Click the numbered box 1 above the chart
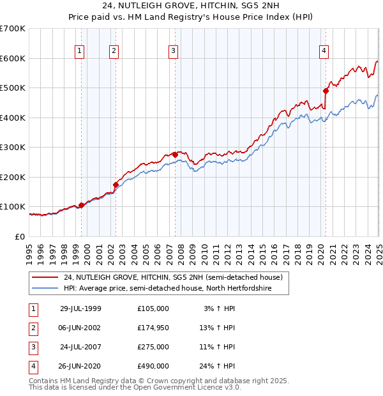(79, 52)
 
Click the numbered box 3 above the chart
(173, 52)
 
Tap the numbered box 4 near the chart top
(324, 52)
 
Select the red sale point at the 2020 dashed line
(326, 90)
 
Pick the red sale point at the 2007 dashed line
(175, 154)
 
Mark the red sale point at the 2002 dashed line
(116, 185)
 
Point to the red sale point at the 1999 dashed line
(82, 205)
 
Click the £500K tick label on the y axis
(12, 88)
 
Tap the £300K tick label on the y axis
(12, 147)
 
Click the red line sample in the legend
(46, 277)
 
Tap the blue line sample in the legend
(46, 289)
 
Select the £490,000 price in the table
(153, 366)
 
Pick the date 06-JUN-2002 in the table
(80, 328)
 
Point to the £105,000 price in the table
(153, 308)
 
